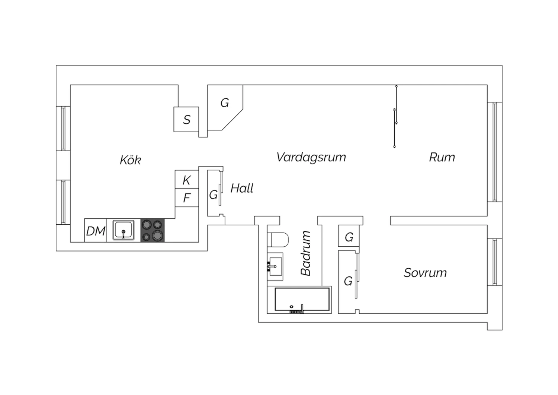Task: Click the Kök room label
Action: (x=130, y=160)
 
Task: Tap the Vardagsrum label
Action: (x=311, y=157)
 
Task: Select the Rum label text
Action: (x=442, y=157)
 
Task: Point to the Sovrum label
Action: (x=425, y=273)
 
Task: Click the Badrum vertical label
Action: (x=306, y=253)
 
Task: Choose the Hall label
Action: (x=242, y=189)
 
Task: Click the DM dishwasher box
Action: (x=96, y=231)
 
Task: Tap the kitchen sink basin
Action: (x=124, y=230)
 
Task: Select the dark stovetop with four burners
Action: (x=153, y=230)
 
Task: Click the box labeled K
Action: (x=187, y=180)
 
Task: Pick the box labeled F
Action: (x=187, y=198)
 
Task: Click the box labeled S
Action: (x=186, y=120)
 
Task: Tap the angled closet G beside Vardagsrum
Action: (x=224, y=104)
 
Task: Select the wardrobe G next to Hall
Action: (x=214, y=194)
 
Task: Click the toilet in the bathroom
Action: (x=278, y=240)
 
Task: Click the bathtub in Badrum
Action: (x=302, y=299)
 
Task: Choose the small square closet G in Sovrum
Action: (x=349, y=237)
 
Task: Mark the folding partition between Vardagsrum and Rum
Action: (x=395, y=116)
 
